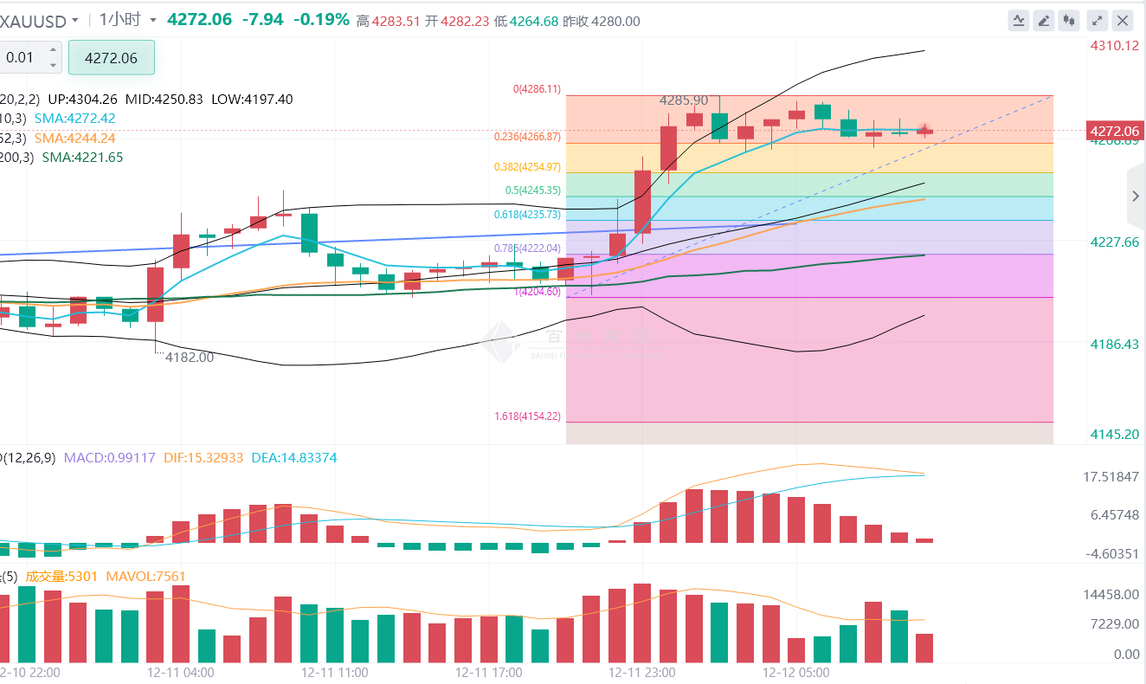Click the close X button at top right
pos(1123,20)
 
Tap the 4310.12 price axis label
pos(1115,45)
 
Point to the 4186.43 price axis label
pos(1115,345)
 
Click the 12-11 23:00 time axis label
pos(641,672)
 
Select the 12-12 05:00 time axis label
pos(795,672)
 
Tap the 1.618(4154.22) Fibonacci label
pos(527,416)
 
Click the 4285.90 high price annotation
pos(684,100)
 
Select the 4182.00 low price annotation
pos(190,357)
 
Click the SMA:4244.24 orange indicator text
pos(75,138)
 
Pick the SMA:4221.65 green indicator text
pos(82,158)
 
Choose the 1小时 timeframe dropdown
pos(127,19)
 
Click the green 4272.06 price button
pos(112,58)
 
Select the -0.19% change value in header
pos(322,19)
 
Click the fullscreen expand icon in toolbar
pos(1097,20)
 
